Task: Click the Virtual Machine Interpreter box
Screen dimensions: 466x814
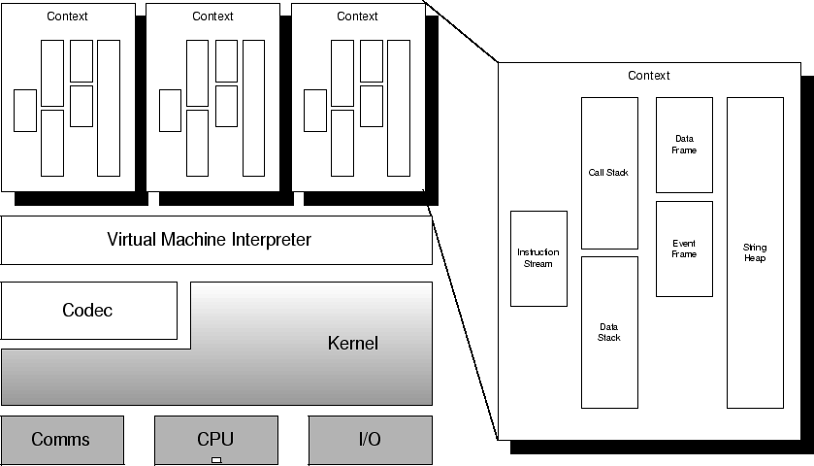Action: (216, 239)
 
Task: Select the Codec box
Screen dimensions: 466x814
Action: (88, 311)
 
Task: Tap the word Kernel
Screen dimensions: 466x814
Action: (352, 343)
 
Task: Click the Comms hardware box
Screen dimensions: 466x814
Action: (61, 440)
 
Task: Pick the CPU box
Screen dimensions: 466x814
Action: (215, 438)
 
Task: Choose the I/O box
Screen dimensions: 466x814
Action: (370, 440)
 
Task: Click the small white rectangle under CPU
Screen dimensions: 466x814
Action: (216, 459)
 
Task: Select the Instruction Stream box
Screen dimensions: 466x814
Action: (538, 258)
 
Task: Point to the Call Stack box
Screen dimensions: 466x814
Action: (609, 173)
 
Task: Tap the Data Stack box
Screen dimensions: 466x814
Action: (609, 332)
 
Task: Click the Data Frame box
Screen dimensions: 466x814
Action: (684, 145)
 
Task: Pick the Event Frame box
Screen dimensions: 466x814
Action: (684, 249)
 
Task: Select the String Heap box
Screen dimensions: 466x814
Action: (754, 252)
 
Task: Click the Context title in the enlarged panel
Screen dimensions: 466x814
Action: (648, 76)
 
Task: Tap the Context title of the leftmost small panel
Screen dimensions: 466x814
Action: (67, 17)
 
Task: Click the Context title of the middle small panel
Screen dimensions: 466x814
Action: (212, 17)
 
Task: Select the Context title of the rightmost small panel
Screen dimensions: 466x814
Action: (357, 17)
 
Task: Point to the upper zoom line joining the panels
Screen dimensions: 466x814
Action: (462, 34)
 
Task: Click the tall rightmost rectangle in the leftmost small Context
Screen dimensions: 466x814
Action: (109, 108)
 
